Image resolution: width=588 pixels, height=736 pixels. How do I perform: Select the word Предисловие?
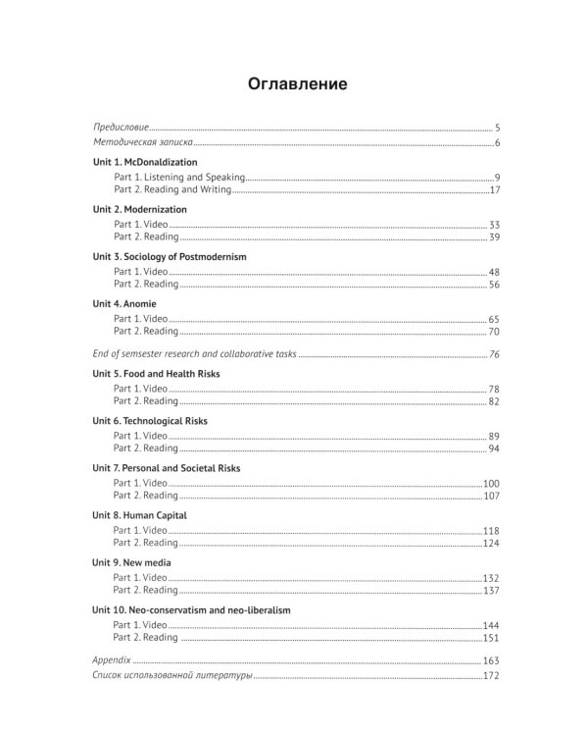tap(121, 128)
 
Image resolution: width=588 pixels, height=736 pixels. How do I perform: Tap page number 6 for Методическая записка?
tap(498, 143)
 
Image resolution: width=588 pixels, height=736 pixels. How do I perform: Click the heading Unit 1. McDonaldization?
tap(145, 162)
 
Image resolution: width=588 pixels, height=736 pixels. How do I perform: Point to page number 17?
tap(496, 189)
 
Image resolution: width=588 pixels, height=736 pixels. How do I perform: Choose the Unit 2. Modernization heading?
tap(139, 209)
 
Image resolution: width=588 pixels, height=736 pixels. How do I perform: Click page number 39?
tap(495, 237)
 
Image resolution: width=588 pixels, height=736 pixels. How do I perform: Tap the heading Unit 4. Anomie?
tap(124, 303)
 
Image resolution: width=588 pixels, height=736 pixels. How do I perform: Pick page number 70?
tap(495, 331)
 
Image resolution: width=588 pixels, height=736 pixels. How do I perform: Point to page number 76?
tap(495, 353)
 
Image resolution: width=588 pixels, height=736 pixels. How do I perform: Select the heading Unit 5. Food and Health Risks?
tap(156, 374)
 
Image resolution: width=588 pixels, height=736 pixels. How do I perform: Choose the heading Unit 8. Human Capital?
tap(139, 515)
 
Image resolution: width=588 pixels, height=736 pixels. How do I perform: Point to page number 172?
tap(492, 676)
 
